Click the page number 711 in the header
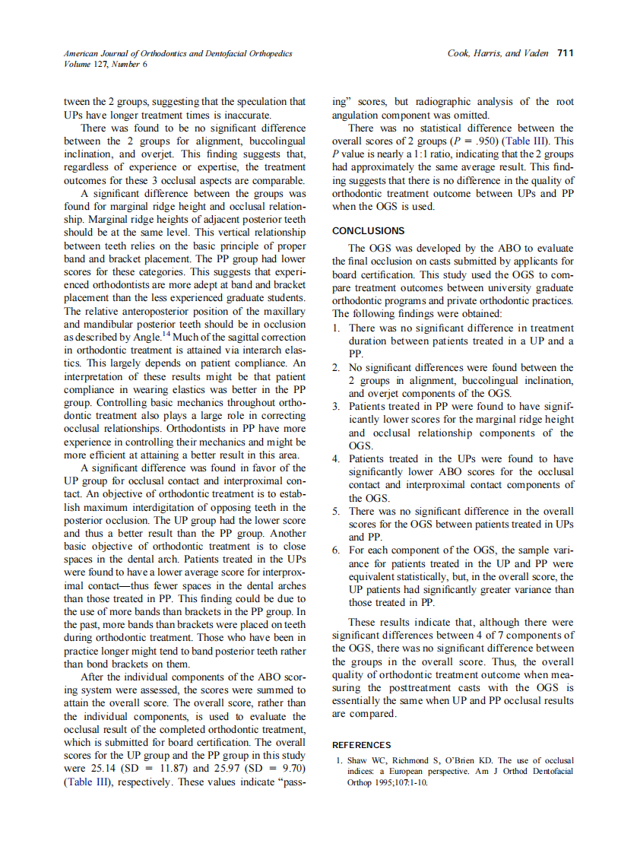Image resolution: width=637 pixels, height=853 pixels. point(565,53)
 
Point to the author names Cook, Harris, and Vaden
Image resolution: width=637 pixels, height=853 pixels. point(499,53)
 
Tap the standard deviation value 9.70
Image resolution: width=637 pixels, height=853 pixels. point(292,768)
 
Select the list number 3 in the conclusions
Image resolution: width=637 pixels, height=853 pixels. point(336,407)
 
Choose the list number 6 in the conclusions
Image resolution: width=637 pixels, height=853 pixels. point(336,550)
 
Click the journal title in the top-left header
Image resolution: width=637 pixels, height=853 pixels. point(177,53)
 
